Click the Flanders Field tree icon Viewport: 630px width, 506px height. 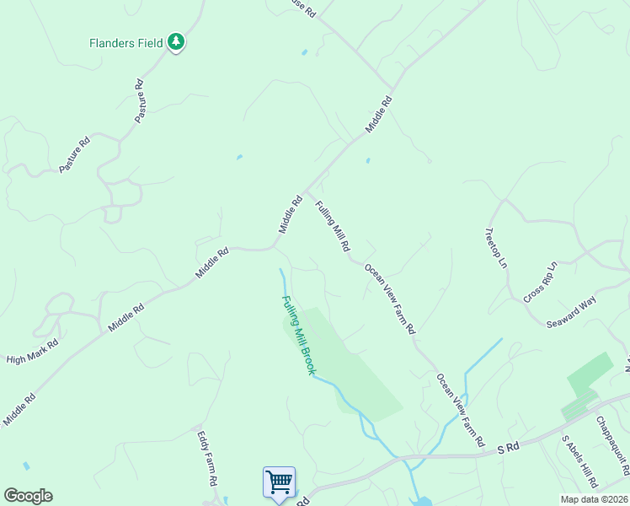(x=175, y=41)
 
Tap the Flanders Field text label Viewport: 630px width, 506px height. (x=127, y=41)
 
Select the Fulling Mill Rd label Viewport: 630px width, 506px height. (x=333, y=226)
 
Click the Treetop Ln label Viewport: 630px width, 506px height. (x=497, y=248)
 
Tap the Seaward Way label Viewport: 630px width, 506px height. (x=571, y=312)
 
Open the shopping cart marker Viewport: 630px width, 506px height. (x=279, y=482)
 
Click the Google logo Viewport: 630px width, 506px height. (x=28, y=496)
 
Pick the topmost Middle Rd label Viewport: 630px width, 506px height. (x=380, y=114)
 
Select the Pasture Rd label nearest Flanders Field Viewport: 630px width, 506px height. (x=141, y=101)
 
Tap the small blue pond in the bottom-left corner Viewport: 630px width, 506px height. (x=27, y=466)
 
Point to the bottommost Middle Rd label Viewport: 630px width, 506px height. (x=19, y=408)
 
